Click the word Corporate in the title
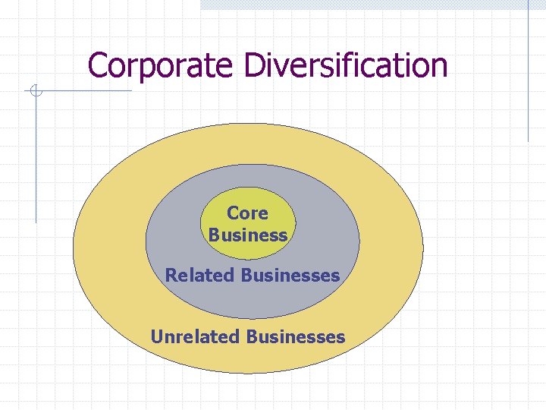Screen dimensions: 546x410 tap(161, 66)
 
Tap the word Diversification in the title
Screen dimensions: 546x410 tap(346, 66)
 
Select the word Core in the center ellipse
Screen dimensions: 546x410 tap(247, 213)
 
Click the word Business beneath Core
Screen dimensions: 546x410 tap(248, 235)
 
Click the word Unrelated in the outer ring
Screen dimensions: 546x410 tap(196, 336)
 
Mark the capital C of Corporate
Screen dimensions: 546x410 tap(96, 66)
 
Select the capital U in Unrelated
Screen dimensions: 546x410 tap(157, 336)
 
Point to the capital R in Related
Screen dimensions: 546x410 tap(171, 275)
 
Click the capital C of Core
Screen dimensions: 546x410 tap(233, 213)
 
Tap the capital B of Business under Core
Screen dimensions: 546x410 tap(215, 235)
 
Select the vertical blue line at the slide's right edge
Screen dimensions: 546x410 tap(528, 76)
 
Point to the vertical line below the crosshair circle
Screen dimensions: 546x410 tap(35, 159)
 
